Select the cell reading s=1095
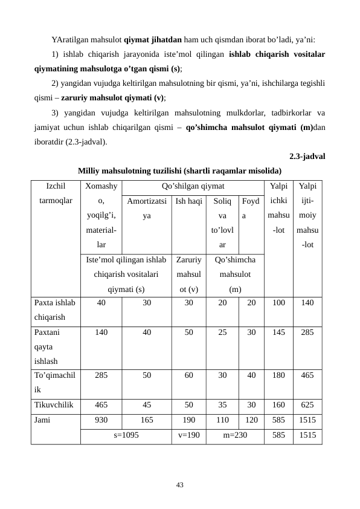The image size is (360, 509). pyautogui.click(x=126, y=434)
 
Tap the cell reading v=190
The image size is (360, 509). pyautogui.click(x=189, y=434)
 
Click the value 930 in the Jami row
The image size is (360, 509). pyautogui.click(x=101, y=420)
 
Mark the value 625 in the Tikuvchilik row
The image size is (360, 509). pyautogui.click(x=307, y=406)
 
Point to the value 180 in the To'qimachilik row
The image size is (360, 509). pyautogui.click(x=278, y=375)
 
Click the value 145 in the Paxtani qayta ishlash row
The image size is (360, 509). pyautogui.click(x=278, y=332)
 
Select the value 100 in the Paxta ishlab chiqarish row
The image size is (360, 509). pyautogui.click(x=278, y=303)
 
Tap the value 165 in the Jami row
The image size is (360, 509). pyautogui.click(x=147, y=420)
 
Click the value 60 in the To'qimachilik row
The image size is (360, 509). pyautogui.click(x=189, y=375)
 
